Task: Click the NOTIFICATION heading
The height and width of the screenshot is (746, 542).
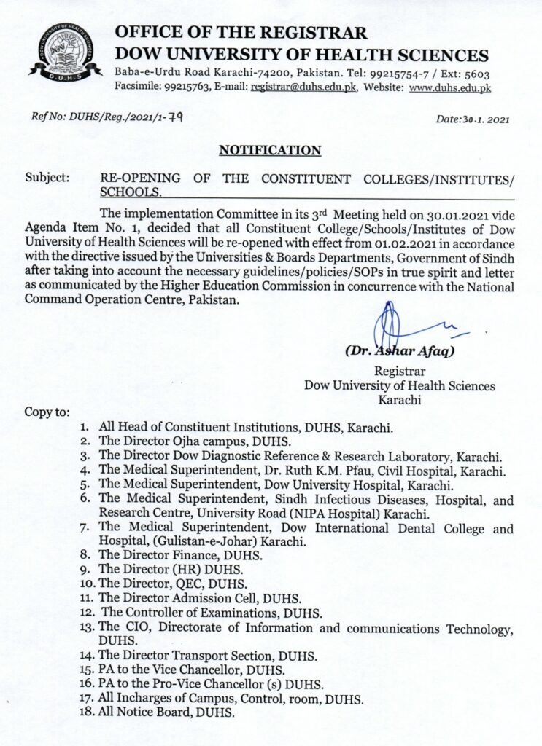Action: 271,151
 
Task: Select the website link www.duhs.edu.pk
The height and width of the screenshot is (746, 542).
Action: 449,87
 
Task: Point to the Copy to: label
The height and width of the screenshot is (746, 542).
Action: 47,412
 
